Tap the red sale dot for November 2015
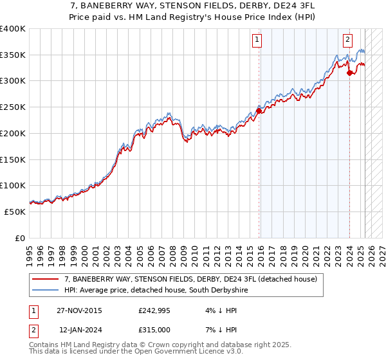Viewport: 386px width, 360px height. pyautogui.click(x=259, y=111)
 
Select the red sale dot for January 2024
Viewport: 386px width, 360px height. pyautogui.click(x=349, y=73)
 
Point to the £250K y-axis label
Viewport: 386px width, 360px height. pyautogui.click(x=13, y=107)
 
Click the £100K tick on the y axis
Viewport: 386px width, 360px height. pyautogui.click(x=13, y=186)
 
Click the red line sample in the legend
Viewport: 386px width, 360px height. pyautogui.click(x=46, y=280)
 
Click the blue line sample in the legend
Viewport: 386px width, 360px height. pyautogui.click(x=46, y=291)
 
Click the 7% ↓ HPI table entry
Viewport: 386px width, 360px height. pyautogui.click(x=221, y=330)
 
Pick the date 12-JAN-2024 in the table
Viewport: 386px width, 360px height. pyautogui.click(x=80, y=330)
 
